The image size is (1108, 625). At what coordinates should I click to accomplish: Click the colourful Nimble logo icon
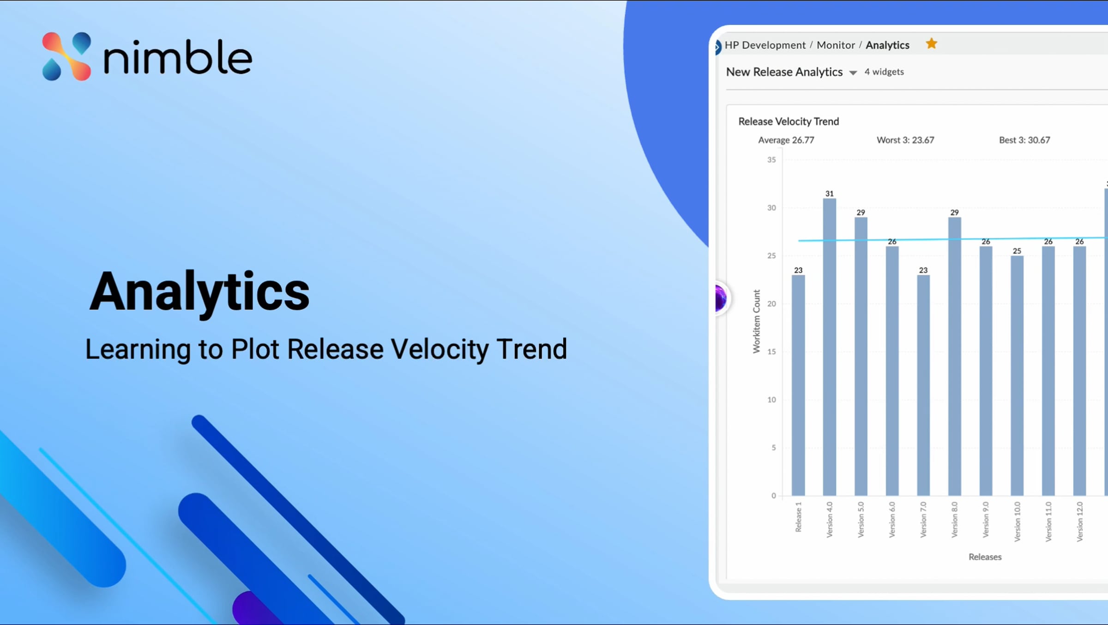(66, 56)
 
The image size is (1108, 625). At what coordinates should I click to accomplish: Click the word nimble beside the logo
(178, 57)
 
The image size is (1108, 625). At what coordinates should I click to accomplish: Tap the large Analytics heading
(199, 292)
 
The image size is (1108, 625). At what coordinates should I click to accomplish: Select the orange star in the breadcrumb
(932, 43)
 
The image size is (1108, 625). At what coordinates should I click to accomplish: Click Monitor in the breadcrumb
(836, 45)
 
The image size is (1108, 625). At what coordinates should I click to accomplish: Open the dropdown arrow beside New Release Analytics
(853, 73)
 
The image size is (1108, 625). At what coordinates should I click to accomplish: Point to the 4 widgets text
(884, 72)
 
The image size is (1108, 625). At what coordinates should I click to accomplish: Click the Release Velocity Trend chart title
(789, 121)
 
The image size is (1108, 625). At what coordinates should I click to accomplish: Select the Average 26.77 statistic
(786, 140)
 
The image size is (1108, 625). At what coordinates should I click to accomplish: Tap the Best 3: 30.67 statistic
(1024, 140)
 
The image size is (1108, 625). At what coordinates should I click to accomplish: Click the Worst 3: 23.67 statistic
(905, 140)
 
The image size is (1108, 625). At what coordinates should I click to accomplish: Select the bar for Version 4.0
(830, 347)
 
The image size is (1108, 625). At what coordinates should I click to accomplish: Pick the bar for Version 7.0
(923, 385)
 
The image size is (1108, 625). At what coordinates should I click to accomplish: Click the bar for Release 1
(798, 385)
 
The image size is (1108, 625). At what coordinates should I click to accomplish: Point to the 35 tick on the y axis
(771, 160)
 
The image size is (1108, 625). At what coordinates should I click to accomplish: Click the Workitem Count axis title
(756, 322)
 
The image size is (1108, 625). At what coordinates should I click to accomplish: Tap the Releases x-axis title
(985, 557)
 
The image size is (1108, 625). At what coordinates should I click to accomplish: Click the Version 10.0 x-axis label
(1017, 522)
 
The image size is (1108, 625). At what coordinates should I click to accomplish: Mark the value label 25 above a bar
(1017, 251)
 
